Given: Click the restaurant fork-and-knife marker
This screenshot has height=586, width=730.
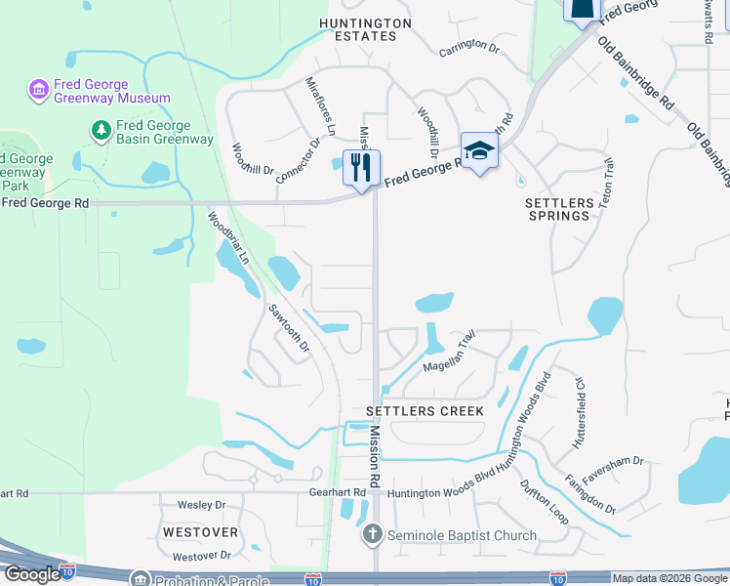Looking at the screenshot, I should (361, 167).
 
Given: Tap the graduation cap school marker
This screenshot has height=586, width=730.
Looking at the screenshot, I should (478, 150).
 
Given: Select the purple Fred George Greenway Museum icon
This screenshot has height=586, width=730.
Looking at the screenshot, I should (39, 91).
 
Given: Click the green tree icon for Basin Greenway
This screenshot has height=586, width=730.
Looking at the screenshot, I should (100, 129).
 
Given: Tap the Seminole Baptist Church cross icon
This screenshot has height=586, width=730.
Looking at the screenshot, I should (372, 534).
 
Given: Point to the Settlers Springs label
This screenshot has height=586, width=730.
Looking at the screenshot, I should (559, 208).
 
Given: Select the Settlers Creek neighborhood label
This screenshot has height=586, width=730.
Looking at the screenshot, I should (425, 411).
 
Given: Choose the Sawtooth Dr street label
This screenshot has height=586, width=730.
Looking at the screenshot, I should (289, 327).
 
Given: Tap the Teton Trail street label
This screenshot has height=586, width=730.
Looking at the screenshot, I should (607, 181).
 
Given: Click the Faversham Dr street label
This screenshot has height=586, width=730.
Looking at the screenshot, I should (613, 461).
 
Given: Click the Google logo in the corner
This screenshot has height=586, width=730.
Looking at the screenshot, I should (31, 574).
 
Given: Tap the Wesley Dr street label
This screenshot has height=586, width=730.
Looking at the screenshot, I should (201, 505).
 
